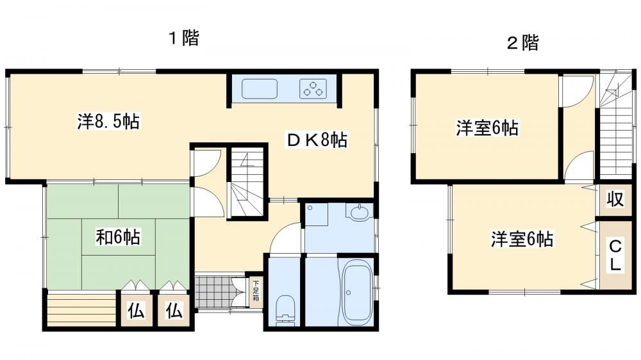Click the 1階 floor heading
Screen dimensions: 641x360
click(x=185, y=38)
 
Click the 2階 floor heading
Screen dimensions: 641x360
click(x=523, y=42)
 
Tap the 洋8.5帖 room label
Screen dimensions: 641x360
click(x=108, y=121)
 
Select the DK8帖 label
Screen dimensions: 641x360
click(x=317, y=140)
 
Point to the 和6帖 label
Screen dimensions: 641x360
click(x=118, y=237)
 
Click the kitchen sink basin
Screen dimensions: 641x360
click(x=260, y=88)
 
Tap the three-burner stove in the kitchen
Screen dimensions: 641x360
click(x=313, y=88)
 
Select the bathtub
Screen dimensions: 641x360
click(x=356, y=291)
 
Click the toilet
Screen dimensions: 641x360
click(x=285, y=311)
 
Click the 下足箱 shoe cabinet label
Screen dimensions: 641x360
click(x=256, y=290)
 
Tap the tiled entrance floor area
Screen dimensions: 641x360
click(x=213, y=291)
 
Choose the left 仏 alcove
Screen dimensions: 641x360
click(x=136, y=311)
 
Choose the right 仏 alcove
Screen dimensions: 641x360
click(x=174, y=311)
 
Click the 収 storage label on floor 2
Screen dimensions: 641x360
click(x=615, y=199)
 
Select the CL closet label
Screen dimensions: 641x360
click(x=615, y=256)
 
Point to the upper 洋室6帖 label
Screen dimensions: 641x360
click(x=487, y=128)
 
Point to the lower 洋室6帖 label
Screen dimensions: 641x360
click(x=522, y=239)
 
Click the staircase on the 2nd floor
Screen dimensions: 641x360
click(x=616, y=126)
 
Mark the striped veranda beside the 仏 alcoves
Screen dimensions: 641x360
click(x=82, y=309)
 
